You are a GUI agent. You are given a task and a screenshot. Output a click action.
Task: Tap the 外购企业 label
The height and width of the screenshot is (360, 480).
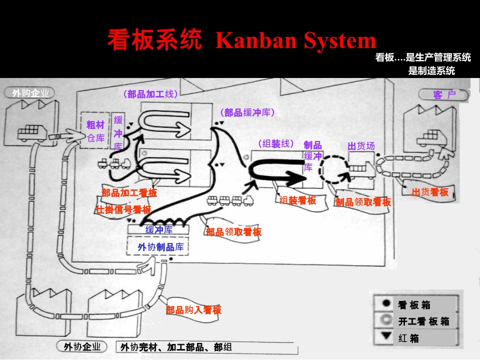click(x=30, y=93)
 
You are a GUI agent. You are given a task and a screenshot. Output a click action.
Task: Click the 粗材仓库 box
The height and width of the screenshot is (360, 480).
click(x=95, y=130)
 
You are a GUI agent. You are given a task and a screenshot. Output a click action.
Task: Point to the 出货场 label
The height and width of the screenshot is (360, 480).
click(x=361, y=146)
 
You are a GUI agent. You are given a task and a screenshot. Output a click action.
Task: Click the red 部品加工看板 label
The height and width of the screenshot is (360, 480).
click(x=129, y=192)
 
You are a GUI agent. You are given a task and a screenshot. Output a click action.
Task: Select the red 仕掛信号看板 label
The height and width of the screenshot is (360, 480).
click(x=123, y=209)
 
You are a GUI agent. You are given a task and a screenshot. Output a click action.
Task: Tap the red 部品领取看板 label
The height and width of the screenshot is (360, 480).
click(x=233, y=232)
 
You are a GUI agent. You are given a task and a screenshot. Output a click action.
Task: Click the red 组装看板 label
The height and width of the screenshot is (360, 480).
click(x=297, y=200)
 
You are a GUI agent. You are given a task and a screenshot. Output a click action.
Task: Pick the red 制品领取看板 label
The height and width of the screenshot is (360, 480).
click(x=363, y=202)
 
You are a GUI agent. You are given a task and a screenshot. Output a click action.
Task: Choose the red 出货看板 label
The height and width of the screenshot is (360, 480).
click(x=430, y=192)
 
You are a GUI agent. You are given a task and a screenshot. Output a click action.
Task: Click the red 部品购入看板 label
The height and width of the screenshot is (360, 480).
click(x=193, y=310)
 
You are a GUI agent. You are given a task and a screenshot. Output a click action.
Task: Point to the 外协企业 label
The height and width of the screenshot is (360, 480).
click(x=82, y=346)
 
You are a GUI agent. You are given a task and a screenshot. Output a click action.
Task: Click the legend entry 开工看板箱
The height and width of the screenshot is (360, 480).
click(x=423, y=321)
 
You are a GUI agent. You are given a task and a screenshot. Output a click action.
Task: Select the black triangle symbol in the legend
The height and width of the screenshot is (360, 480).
click(x=386, y=336)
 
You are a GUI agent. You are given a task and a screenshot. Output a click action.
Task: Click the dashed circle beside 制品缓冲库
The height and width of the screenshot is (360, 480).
click(x=333, y=169)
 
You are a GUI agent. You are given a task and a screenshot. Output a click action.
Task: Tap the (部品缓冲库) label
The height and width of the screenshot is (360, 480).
click(x=247, y=113)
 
